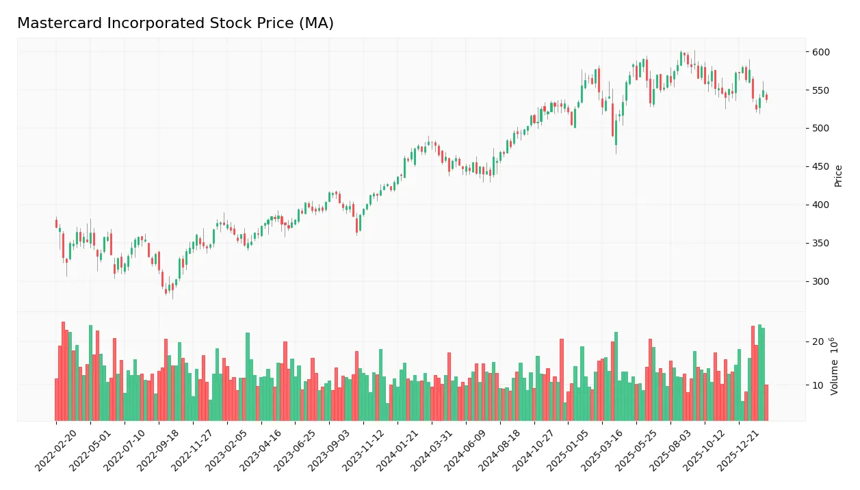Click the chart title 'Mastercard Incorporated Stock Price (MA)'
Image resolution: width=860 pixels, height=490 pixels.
[x=175, y=23]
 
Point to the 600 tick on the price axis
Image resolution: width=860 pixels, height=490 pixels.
[x=820, y=52]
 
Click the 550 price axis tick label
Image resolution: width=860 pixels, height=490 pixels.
[x=820, y=90]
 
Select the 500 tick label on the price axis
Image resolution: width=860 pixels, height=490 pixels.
[x=820, y=129]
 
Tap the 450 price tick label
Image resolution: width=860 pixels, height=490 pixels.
[x=820, y=167]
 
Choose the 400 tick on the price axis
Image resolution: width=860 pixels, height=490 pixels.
[x=820, y=205]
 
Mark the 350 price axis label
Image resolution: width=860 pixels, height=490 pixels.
[x=820, y=244]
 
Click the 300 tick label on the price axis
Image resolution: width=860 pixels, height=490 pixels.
[x=820, y=282]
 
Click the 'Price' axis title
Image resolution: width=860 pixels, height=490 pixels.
[x=838, y=176]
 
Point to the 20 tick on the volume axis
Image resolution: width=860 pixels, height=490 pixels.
[x=818, y=342]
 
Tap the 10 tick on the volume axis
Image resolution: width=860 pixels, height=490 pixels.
[x=818, y=385]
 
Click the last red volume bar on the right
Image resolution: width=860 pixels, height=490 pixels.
[x=766, y=403]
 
